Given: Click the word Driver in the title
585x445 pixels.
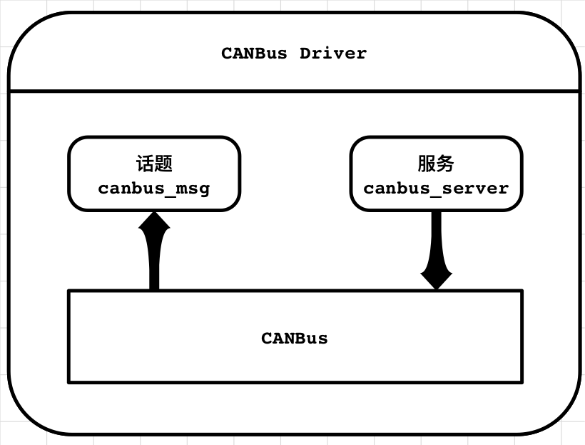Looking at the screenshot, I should pyautogui.click(x=333, y=54).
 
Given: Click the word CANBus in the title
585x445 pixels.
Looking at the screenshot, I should pyautogui.click(x=254, y=54).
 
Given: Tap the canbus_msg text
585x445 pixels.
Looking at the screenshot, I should pyautogui.click(x=154, y=189).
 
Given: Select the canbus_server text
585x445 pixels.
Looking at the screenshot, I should pyautogui.click(x=436, y=189).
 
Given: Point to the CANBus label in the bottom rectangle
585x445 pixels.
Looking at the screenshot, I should pyautogui.click(x=295, y=338).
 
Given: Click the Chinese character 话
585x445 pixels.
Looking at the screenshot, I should pyautogui.click(x=145, y=164).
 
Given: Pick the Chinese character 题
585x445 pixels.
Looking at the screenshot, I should pyautogui.click(x=163, y=164).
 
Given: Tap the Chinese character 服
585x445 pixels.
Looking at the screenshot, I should pyautogui.click(x=427, y=164).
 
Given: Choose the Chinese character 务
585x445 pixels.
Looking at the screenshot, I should pyautogui.click(x=445, y=164).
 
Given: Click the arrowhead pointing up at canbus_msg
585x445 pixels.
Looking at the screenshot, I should pyautogui.click(x=154, y=224).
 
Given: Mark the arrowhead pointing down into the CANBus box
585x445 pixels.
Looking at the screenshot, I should pyautogui.click(x=436, y=277).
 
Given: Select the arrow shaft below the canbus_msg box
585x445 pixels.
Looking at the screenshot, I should pyautogui.click(x=154, y=264).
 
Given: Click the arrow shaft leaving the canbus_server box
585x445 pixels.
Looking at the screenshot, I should pyautogui.click(x=436, y=236).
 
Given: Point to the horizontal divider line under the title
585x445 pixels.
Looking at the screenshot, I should pyautogui.click(x=293, y=91).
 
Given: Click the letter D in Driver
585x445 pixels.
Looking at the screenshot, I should pyautogui.click(x=305, y=54).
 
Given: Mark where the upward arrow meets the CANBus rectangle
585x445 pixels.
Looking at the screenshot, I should pyautogui.click(x=154, y=290).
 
